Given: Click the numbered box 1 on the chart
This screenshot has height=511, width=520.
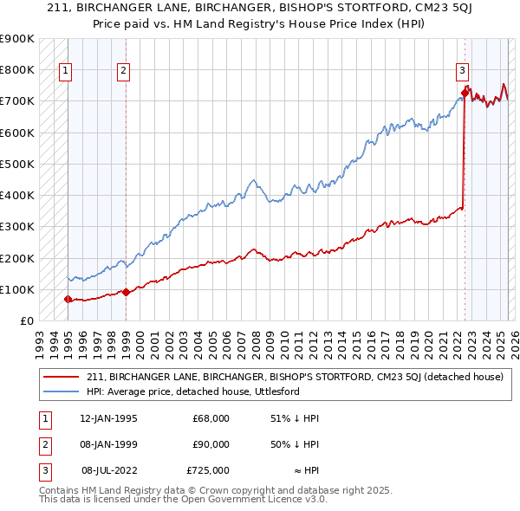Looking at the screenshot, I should pyautogui.click(x=66, y=72).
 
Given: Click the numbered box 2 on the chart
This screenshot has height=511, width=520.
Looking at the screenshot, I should pyautogui.click(x=124, y=72).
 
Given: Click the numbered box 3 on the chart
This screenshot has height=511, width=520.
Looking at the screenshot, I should pyautogui.click(x=462, y=72).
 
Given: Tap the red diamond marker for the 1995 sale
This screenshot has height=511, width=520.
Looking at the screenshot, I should pyautogui.click(x=68, y=300).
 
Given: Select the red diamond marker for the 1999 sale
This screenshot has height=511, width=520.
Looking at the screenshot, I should pyautogui.click(x=126, y=292).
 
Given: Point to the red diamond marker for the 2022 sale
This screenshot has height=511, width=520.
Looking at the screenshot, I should pyautogui.click(x=465, y=91).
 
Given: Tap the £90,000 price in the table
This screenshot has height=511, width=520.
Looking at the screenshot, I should pyautogui.click(x=211, y=444).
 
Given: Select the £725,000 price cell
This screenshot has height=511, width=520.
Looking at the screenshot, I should pyautogui.click(x=208, y=470).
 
